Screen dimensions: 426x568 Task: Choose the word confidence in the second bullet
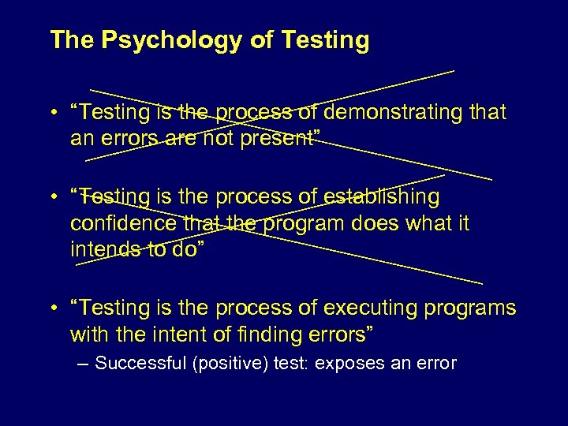[x=124, y=224]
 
